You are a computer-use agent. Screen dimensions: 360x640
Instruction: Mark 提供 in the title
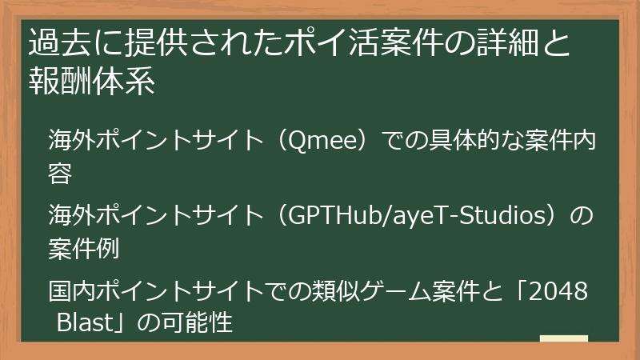(146, 41)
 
